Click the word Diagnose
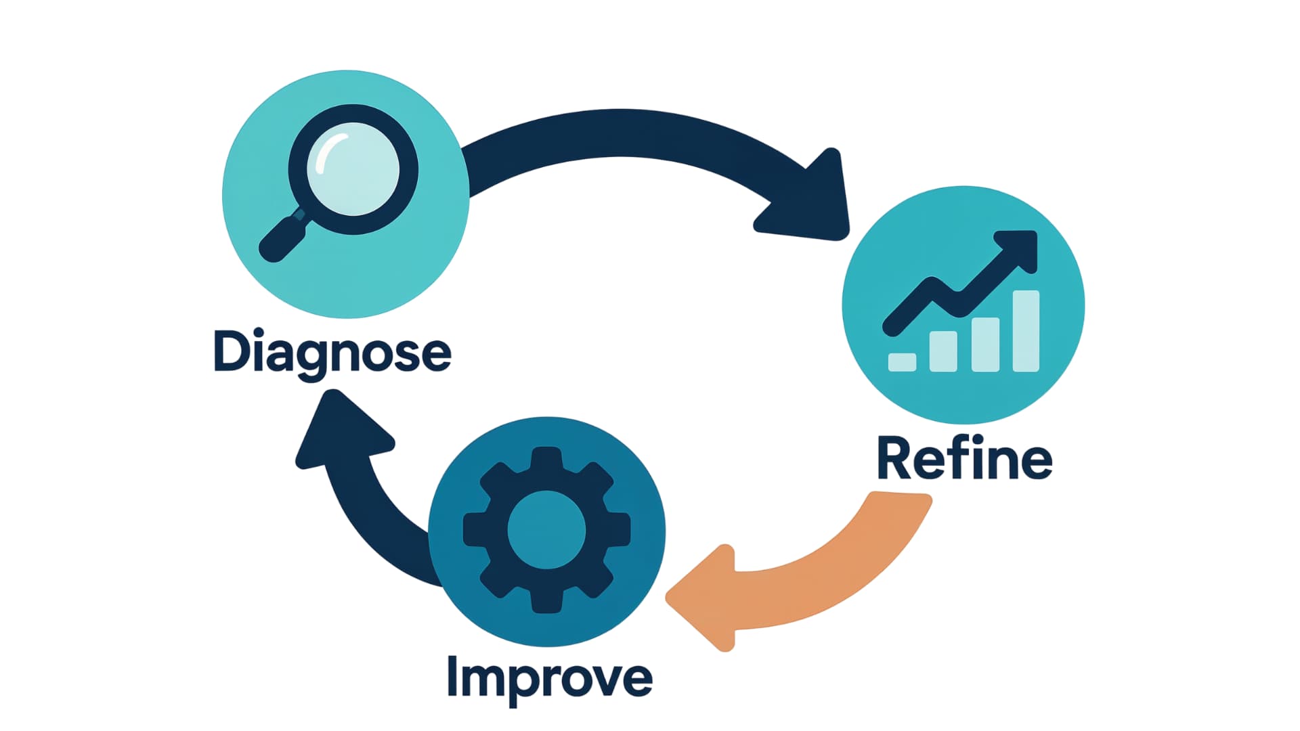[332, 352]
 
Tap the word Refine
[964, 459]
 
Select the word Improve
[549, 677]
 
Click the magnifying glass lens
[353, 169]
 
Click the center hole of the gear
[546, 531]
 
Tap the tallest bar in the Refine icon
[1025, 331]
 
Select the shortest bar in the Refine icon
[902, 362]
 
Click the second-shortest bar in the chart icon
[943, 351]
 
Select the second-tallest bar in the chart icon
[985, 345]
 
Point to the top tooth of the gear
[546, 460]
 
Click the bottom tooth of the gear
[546, 601]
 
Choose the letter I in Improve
[453, 675]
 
